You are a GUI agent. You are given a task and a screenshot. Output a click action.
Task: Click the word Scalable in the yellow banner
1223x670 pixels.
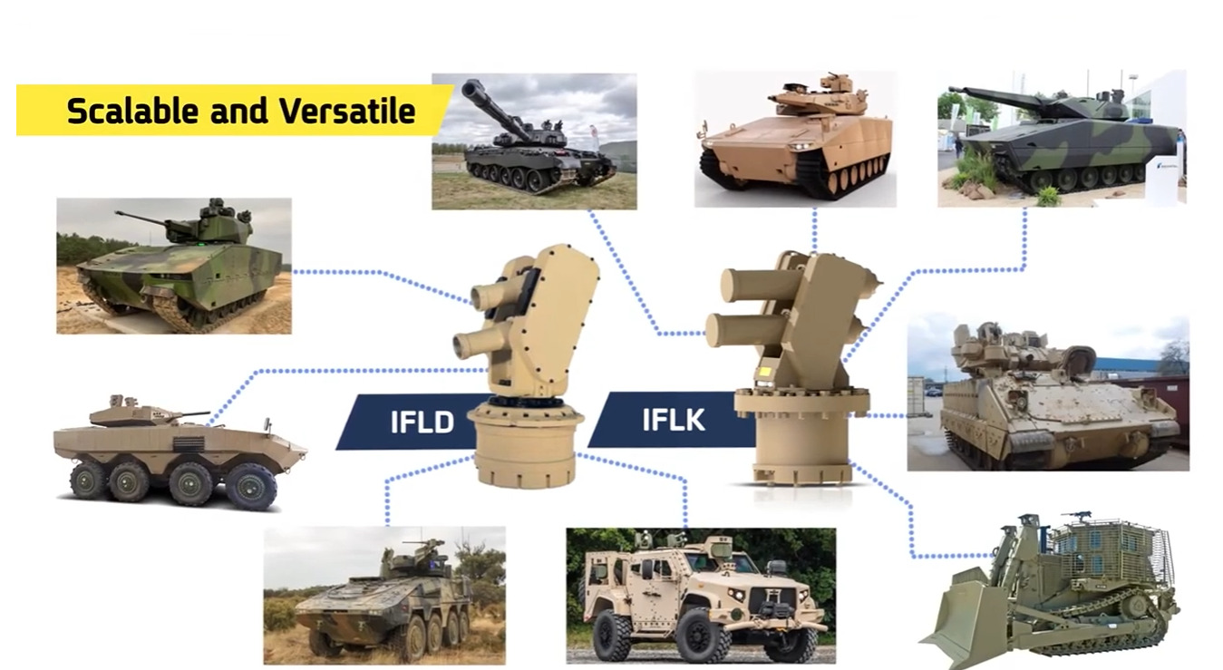pyautogui.click(x=132, y=112)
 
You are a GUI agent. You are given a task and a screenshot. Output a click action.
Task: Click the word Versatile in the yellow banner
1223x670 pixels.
pyautogui.click(x=348, y=112)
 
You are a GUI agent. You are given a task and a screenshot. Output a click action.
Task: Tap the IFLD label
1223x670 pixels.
pyautogui.click(x=422, y=422)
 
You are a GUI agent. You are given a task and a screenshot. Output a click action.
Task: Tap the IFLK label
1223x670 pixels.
pyautogui.click(x=673, y=420)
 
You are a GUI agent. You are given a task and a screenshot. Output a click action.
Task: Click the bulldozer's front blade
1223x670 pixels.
pyautogui.click(x=962, y=617)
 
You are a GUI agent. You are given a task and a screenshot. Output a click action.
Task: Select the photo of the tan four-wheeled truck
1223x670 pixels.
pyautogui.click(x=701, y=596)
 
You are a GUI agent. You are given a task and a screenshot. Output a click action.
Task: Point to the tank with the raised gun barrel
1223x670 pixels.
pyautogui.click(x=534, y=141)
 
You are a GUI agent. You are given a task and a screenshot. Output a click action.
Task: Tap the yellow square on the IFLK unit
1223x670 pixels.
pyautogui.click(x=762, y=373)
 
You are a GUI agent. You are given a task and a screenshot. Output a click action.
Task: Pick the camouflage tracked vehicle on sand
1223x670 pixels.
pyautogui.click(x=174, y=266)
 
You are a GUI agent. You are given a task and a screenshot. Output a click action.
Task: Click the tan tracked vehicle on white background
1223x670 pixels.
pyautogui.click(x=795, y=139)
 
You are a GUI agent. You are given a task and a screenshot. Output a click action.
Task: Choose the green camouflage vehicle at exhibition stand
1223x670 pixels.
pyautogui.click(x=1062, y=138)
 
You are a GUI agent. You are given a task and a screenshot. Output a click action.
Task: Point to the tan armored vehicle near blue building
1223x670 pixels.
pyautogui.click(x=1048, y=393)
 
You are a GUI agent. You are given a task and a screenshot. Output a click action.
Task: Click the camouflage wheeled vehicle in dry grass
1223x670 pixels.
pyautogui.click(x=384, y=596)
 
